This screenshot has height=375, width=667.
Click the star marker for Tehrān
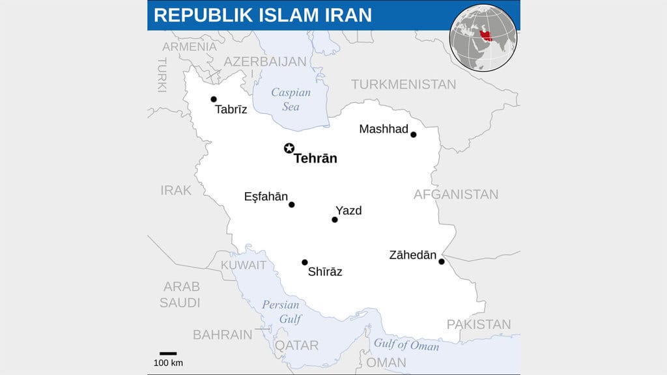click(289, 148)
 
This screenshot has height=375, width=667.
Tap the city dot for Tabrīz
click(214, 100)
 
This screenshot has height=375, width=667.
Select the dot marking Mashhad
click(413, 135)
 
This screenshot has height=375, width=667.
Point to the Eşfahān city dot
click(292, 204)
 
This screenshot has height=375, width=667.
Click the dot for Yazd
click(335, 220)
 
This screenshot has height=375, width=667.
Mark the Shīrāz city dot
click(305, 262)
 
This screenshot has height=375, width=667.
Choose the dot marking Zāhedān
click(442, 262)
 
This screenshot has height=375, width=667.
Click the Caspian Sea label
click(291, 99)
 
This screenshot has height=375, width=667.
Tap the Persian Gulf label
click(281, 312)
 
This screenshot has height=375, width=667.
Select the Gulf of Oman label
click(406, 344)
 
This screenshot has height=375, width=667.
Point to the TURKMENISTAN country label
click(404, 85)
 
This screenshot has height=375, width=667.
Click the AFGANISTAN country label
click(456, 194)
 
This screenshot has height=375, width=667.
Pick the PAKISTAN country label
click(479, 324)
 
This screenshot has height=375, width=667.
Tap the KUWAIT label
click(244, 265)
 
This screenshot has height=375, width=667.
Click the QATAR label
click(296, 346)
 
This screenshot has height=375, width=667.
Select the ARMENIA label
click(190, 47)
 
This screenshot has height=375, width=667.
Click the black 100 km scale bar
click(168, 354)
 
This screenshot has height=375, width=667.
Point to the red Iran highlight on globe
click(485, 33)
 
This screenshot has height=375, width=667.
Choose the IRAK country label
click(177, 190)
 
